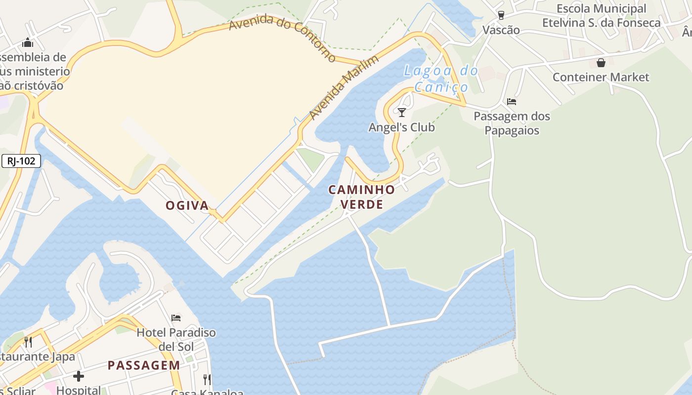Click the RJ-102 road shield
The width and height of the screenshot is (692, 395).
(21, 161)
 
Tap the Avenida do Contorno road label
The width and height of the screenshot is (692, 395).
(283, 37)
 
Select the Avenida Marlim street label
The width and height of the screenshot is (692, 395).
(344, 87)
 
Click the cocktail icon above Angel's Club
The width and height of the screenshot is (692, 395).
(402, 113)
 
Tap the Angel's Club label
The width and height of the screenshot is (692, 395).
(401, 127)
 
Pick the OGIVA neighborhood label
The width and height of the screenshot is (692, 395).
(187, 205)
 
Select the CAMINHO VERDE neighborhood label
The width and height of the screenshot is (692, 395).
(362, 197)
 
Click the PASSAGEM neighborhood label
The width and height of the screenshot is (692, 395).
(144, 365)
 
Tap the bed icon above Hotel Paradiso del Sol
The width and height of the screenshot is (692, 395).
(176, 317)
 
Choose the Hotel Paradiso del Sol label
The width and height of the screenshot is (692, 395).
(176, 339)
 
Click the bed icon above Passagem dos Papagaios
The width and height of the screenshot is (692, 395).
(512, 102)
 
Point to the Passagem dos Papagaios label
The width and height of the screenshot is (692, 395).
(512, 123)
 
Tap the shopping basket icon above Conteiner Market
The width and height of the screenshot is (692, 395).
(601, 63)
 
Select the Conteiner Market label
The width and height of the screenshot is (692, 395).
(601, 77)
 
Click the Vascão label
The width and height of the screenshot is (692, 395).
(501, 30)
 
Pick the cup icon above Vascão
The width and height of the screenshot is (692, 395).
(501, 15)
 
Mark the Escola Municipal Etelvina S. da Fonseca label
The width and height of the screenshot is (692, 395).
(601, 16)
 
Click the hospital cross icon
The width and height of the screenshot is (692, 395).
(79, 377)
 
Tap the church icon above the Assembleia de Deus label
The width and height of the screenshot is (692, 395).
(28, 42)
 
